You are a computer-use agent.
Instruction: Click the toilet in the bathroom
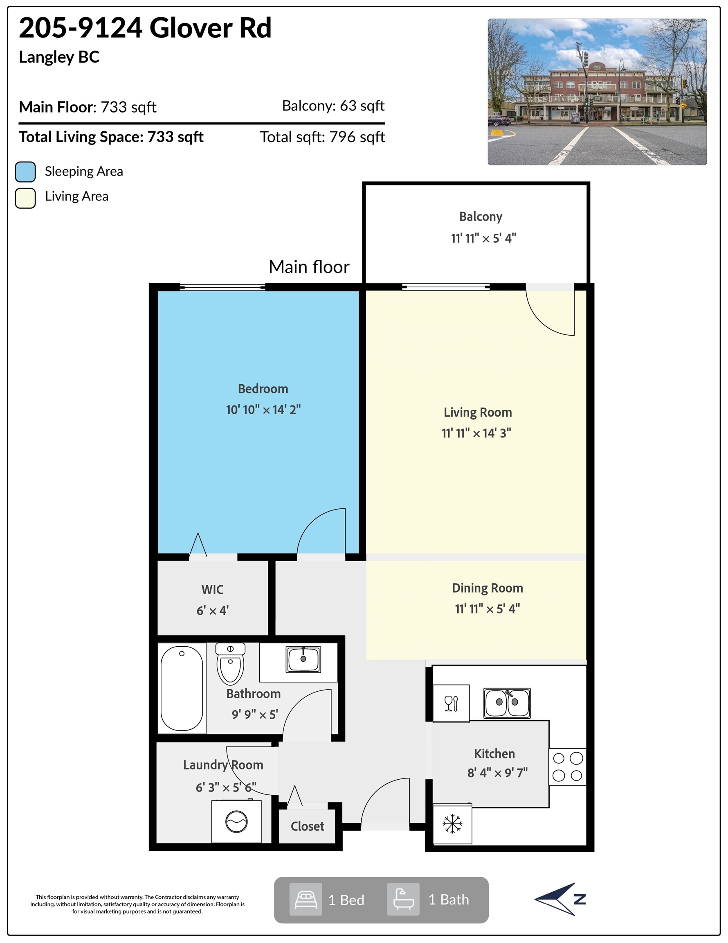pos(230,663)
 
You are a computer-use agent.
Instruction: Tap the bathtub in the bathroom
pos(182,688)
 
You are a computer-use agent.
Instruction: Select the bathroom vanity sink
pos(303,659)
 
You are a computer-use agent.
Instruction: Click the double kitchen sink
pos(507,703)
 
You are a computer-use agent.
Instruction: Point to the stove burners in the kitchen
pos(567,767)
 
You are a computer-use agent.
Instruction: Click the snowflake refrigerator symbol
pos(452,824)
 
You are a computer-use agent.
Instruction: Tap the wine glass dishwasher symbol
pos(451,704)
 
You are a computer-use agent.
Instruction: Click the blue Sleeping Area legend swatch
pos(25,172)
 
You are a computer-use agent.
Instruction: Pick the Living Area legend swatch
pos(25,198)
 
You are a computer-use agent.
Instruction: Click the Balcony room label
pos(480,217)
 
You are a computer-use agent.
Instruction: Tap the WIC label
pos(212,590)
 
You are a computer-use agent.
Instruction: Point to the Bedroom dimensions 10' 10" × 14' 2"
pos(263,410)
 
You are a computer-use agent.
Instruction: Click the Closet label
pos(307,826)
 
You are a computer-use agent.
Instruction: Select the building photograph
pos(597,92)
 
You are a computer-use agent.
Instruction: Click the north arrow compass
pos(560,899)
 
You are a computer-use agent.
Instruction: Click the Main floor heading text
pos(309,267)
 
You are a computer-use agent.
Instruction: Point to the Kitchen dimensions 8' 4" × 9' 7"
pos(498,773)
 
